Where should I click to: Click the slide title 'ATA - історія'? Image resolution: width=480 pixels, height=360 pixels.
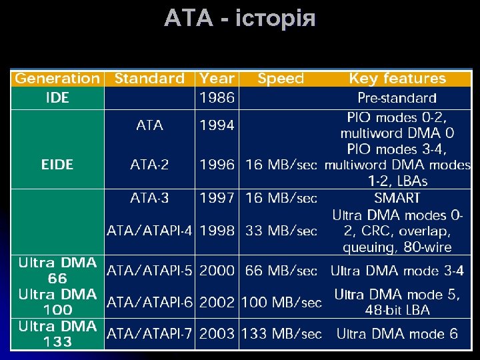click(240, 19)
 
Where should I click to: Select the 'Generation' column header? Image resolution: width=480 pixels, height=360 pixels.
click(57, 79)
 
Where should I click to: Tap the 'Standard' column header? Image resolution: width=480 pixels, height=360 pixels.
click(149, 79)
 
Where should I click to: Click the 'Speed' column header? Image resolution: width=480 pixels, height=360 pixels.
click(281, 79)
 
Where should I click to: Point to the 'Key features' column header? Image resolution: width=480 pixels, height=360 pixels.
click(397, 79)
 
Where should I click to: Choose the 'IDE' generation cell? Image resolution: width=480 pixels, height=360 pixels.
click(57, 98)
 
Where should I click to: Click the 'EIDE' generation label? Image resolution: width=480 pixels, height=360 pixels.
click(57, 164)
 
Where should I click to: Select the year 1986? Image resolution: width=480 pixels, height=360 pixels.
click(217, 98)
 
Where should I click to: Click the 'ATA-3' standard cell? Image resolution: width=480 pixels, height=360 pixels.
click(149, 198)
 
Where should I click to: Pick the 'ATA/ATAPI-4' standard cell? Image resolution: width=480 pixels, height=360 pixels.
click(150, 231)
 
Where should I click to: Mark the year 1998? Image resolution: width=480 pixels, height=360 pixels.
click(217, 231)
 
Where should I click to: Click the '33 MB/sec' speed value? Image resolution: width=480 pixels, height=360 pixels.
click(281, 231)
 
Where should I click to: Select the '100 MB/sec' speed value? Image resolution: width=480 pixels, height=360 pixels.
click(281, 303)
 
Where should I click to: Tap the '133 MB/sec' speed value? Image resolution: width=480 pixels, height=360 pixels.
click(281, 333)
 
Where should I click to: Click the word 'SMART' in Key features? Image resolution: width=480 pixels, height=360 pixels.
click(397, 198)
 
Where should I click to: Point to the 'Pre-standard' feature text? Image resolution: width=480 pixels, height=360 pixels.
click(397, 99)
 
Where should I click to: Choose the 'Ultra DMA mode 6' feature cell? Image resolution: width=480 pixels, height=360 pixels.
click(397, 333)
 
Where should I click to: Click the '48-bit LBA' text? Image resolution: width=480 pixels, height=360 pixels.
click(397, 310)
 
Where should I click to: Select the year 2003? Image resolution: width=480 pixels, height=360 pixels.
click(217, 333)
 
